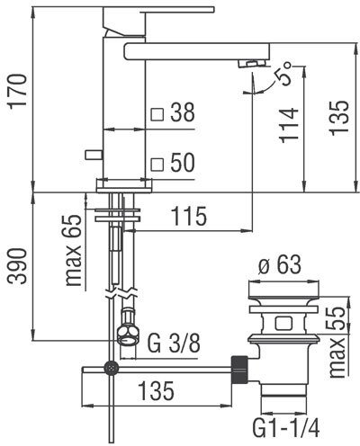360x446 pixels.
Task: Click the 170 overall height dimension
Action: click(17, 91)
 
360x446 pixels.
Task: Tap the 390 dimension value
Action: click(17, 266)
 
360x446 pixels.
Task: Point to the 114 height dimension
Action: click(289, 125)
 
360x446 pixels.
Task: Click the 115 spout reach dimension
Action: click(189, 216)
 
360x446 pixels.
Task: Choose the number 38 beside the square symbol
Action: click(183, 112)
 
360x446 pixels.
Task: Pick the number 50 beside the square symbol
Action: click(183, 163)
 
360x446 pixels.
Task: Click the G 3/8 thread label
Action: click(174, 343)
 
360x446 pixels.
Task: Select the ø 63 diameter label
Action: click(280, 264)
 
